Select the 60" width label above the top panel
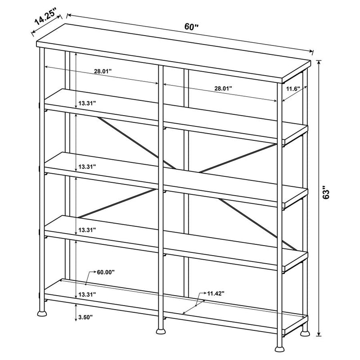tap(191, 27)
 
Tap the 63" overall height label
tap(325, 192)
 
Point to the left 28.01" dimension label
tap(103, 71)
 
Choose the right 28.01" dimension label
tap(223, 88)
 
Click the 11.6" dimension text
tap(293, 89)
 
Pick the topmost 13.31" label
tap(87, 103)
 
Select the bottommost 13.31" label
tap(87, 295)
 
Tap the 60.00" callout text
tap(106, 272)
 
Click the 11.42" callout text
tap(216, 293)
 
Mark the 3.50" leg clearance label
tap(85, 318)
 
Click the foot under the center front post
tap(161, 331)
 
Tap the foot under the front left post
tap(42, 313)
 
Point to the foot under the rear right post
tap(305, 333)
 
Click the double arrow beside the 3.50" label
tap(76, 312)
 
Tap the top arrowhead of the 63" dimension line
tap(319, 63)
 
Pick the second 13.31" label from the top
tap(87, 167)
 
